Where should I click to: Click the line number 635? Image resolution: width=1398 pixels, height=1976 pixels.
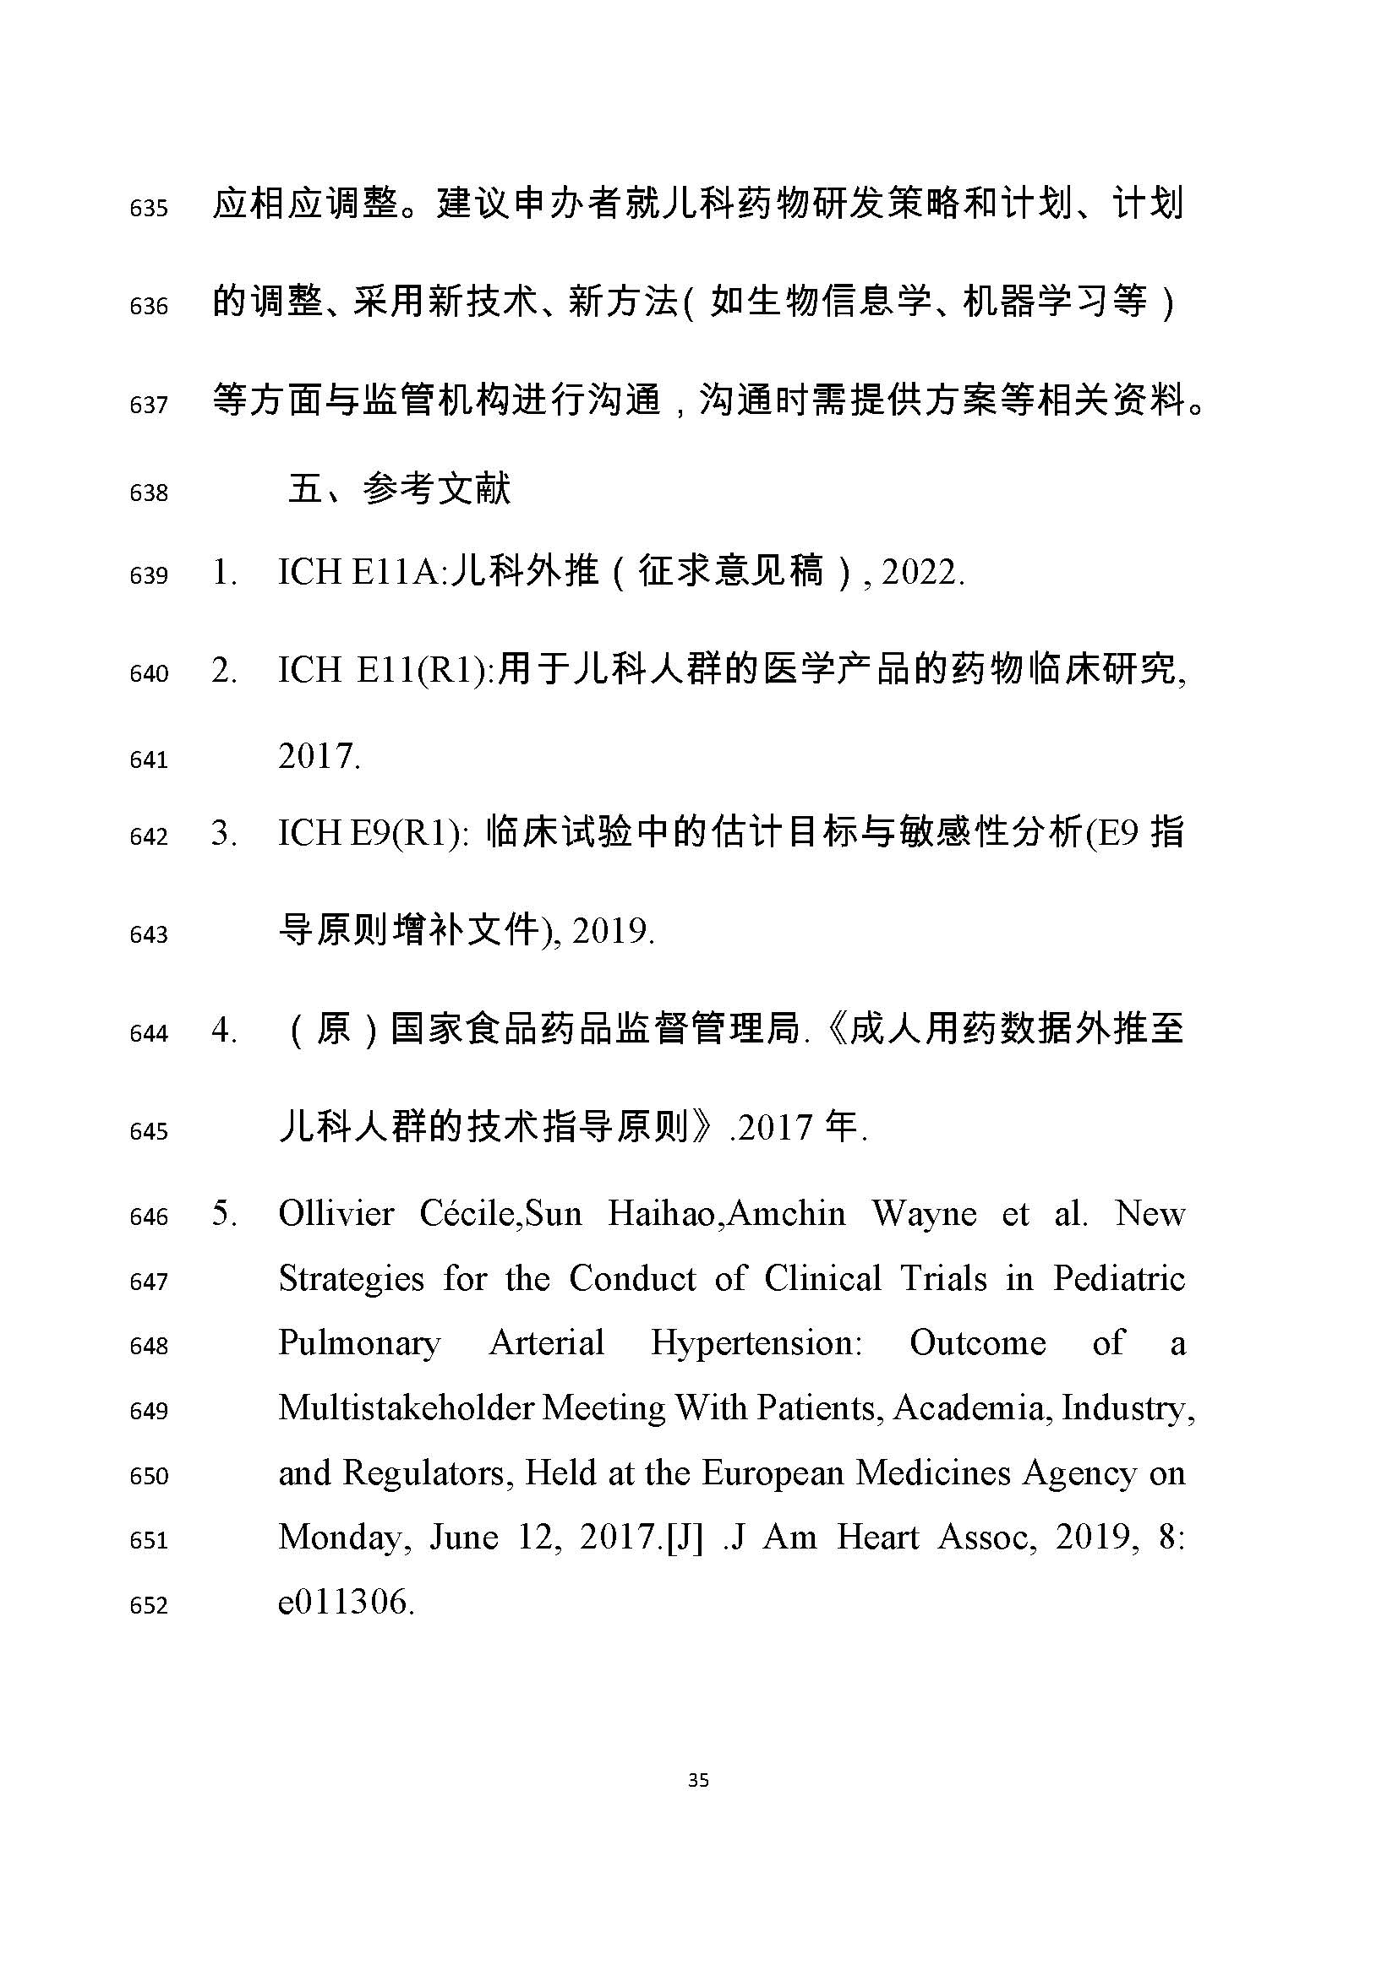point(148,209)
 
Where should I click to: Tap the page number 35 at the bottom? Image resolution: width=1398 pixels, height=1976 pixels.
point(698,1780)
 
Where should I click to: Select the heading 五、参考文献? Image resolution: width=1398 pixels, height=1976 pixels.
point(400,490)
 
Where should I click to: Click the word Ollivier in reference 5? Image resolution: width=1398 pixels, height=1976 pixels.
point(336,1214)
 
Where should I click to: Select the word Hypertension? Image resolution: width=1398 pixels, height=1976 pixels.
point(756,1343)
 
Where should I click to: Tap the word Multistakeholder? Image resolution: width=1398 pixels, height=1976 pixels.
point(407,1408)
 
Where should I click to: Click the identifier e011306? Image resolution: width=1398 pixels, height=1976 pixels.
point(345,1602)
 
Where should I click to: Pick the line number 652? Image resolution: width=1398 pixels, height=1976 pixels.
point(148,1605)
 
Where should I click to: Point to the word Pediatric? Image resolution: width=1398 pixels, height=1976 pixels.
point(1119,1279)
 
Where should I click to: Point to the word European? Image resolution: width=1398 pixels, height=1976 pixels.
point(772,1472)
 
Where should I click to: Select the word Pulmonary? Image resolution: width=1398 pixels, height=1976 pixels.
point(359,1343)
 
